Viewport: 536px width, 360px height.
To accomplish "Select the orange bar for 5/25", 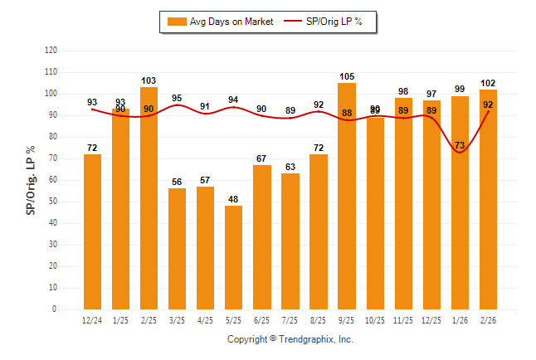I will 234,257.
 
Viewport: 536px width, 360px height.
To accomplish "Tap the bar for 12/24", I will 93,231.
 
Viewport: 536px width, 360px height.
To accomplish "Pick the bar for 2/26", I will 488,199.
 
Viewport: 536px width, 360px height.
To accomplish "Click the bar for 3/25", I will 178,249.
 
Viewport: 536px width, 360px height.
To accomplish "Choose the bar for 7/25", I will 290,241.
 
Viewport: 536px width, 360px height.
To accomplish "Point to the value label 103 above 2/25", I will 149,80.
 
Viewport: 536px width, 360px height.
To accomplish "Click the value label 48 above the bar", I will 234,199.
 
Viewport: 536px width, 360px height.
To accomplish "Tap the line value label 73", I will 460,146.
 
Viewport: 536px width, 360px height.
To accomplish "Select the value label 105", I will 347,76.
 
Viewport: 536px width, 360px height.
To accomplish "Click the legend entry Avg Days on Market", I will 219,22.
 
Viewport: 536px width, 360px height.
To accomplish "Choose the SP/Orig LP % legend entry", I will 324,22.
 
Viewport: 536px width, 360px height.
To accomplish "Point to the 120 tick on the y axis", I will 51,51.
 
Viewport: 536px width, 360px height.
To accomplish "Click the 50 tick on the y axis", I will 53,202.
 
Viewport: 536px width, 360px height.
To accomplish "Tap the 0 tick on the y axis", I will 55,309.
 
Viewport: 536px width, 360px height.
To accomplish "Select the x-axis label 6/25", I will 262,320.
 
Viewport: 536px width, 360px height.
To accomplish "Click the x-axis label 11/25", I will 403,320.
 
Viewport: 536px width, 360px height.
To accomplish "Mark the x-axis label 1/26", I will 460,320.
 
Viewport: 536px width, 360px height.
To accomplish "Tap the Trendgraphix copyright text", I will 290,339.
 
